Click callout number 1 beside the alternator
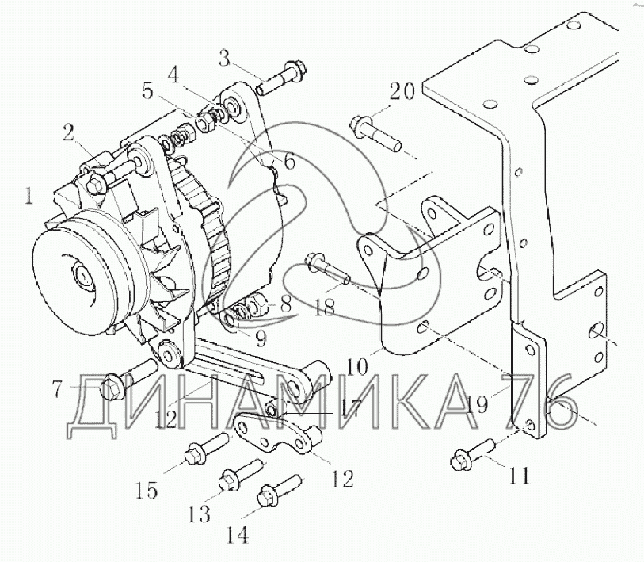tap(29, 197)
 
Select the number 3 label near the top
tap(225, 59)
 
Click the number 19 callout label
tap(477, 403)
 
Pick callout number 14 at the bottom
tap(237, 535)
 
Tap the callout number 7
tap(59, 388)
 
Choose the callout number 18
tap(324, 307)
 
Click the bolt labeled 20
tap(375, 133)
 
